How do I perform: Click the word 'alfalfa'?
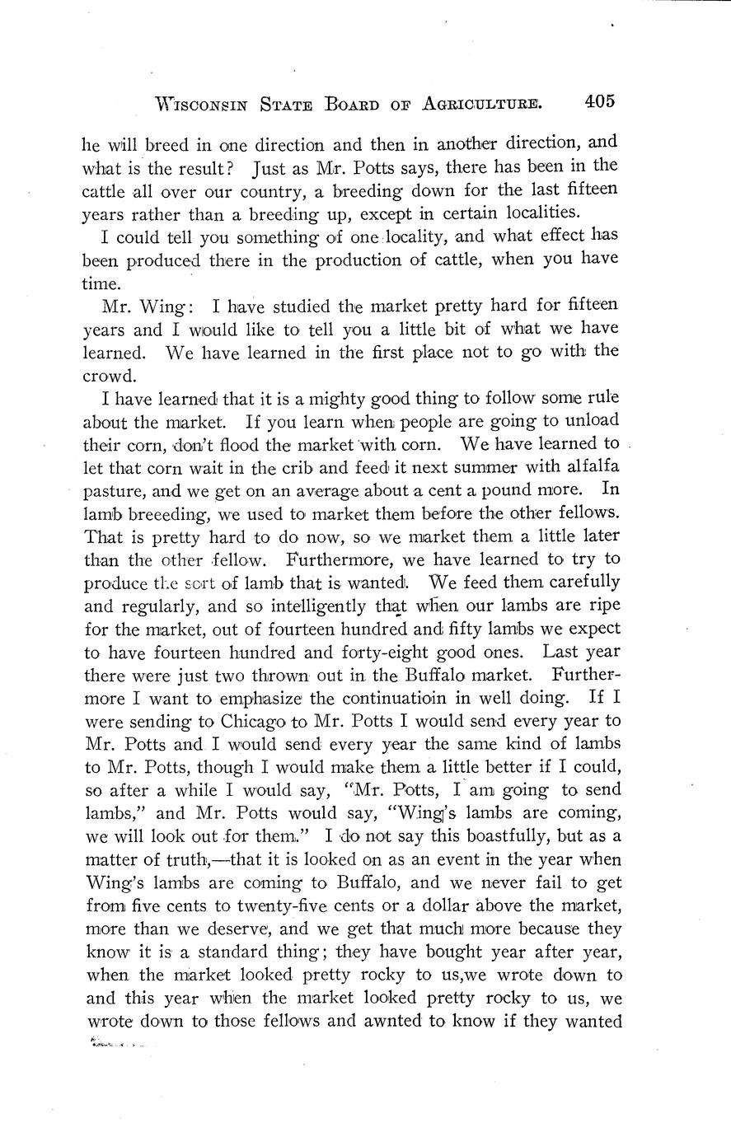(x=587, y=467)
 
